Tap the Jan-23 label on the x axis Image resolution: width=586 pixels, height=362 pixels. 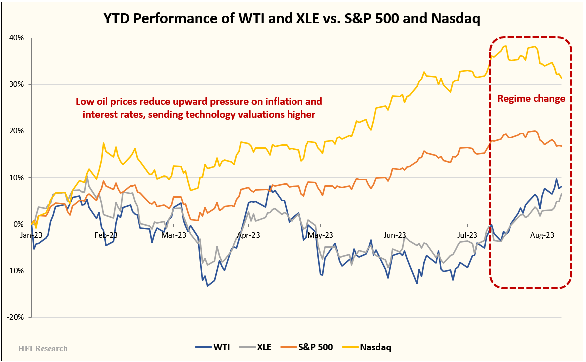pos(32,235)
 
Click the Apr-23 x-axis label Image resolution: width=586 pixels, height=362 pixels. pos(248,235)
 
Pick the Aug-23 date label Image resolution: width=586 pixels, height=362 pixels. pos(541,235)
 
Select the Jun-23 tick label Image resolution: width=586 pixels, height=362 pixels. pos(395,235)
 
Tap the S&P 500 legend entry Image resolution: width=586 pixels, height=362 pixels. pos(307,347)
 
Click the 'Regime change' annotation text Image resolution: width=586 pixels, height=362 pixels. pos(531,99)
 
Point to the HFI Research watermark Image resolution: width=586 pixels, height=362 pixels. pos(43,348)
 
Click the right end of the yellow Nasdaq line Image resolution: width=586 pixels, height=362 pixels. pos(561,78)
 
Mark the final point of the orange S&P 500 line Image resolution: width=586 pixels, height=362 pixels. pos(561,146)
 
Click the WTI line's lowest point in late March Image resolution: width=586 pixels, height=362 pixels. pos(207,286)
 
